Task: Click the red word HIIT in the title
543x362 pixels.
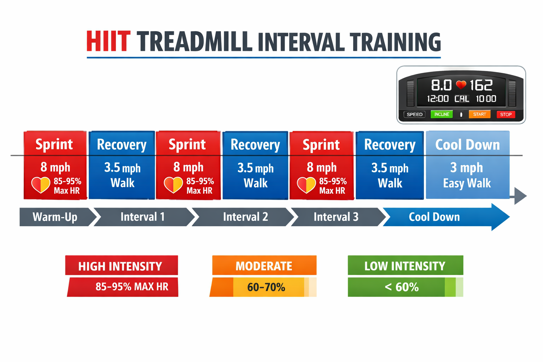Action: [108, 42]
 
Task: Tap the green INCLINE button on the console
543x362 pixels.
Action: [442, 114]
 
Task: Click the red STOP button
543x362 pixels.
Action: [506, 114]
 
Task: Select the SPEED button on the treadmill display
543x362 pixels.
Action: [414, 114]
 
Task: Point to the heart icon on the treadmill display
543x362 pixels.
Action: [461, 85]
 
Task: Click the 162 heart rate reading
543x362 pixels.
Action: [481, 85]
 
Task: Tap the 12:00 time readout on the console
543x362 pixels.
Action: [438, 99]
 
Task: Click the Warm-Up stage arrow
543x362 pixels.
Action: [55, 217]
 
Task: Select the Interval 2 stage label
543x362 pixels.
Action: [245, 217]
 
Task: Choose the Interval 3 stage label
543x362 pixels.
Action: [336, 217]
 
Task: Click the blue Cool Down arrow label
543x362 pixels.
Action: [434, 217]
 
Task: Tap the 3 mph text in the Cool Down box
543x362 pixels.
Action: [466, 167]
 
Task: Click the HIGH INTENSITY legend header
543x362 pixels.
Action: [121, 266]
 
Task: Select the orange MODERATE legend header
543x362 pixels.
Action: [264, 266]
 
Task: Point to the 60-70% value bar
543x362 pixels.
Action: [266, 287]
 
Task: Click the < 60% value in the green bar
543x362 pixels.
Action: [401, 287]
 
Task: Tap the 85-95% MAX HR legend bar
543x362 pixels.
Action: [132, 287]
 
